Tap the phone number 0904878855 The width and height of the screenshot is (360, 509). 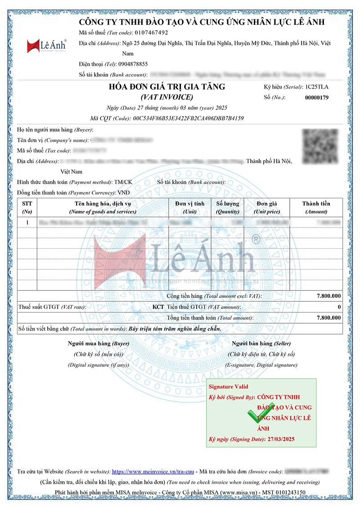click(133, 64)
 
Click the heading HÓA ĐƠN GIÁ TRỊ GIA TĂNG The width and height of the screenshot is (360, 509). click(167, 87)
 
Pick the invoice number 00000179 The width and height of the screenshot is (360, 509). click(317, 97)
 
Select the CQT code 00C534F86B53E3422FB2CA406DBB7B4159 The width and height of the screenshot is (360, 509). click(188, 118)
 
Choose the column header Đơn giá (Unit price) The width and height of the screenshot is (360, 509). click(267, 207)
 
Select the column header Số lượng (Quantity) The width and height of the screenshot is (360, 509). click(228, 207)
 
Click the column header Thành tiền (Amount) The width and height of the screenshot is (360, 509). click(316, 207)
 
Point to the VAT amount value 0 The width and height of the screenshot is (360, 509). click(339, 307)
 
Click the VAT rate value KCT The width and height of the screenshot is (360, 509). click(158, 307)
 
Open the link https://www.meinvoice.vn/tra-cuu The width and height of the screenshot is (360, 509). click(153, 472)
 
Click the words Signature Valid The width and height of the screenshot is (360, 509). click(228, 386)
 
